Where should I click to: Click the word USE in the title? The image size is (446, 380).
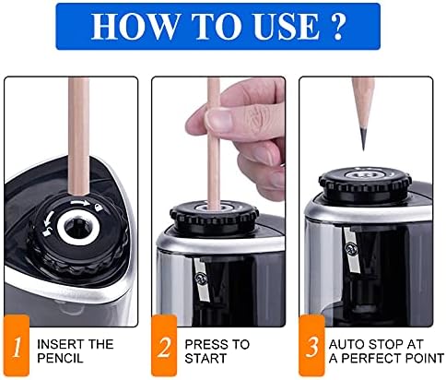pos(287,26)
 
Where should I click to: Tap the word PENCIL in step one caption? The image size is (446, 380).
pos(60,359)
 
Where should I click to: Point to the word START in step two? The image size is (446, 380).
pos(205,359)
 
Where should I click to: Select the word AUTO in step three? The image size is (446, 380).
pos(346,344)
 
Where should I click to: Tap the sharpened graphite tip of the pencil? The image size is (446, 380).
pos(364,140)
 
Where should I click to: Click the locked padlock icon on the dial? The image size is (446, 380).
pos(98,208)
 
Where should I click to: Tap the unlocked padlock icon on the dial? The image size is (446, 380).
pos(47,232)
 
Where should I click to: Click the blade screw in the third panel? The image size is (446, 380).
pos(349,247)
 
